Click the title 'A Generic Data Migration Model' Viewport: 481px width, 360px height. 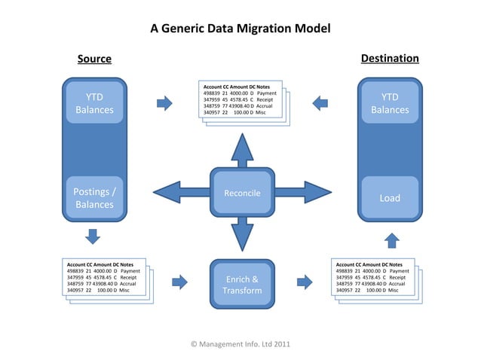click(x=240, y=29)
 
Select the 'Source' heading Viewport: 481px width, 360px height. click(x=94, y=59)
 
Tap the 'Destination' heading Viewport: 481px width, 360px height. click(x=390, y=58)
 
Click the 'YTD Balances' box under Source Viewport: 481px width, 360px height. click(x=94, y=104)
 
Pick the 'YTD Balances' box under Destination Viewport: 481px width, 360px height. click(x=389, y=104)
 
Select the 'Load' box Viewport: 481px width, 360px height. click(x=389, y=198)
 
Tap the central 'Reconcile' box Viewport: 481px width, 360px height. click(x=242, y=194)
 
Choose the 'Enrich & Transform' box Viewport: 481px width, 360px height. click(x=242, y=284)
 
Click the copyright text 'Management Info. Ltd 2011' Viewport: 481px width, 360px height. click(x=240, y=344)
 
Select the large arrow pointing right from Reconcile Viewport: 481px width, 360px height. click(x=302, y=193)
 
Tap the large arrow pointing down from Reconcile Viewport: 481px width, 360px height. click(x=242, y=233)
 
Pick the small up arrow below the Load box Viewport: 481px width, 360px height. click(x=391, y=240)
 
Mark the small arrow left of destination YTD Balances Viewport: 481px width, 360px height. click(x=320, y=102)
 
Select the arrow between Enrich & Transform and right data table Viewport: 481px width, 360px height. click(x=304, y=282)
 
